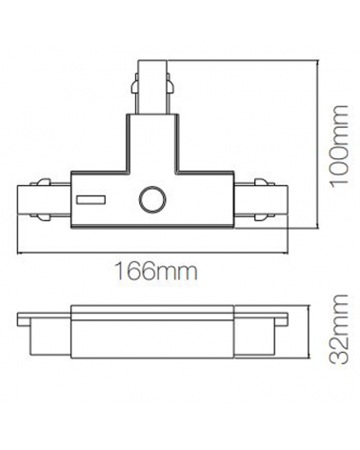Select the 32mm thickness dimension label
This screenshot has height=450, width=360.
click(x=332, y=360)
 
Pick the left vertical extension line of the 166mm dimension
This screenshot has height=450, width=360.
click(x=20, y=238)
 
